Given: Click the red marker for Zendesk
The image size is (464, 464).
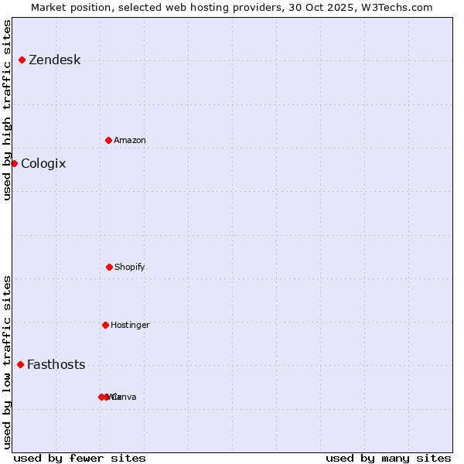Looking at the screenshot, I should (22, 60).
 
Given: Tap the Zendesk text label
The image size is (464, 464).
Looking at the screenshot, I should (54, 60).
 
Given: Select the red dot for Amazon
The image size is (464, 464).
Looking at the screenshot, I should (108, 140).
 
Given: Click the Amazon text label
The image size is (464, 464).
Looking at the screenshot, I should (130, 141).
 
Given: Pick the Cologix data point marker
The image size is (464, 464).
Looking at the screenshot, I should (14, 163).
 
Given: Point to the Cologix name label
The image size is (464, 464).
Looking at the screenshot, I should (43, 164).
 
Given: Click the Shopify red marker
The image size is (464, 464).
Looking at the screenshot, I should (109, 267).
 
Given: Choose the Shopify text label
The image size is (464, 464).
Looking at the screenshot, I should (130, 268).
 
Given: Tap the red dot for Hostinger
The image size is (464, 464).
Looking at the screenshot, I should (105, 325).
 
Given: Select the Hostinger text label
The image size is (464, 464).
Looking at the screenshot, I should (130, 326).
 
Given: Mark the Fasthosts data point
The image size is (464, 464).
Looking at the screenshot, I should (20, 364).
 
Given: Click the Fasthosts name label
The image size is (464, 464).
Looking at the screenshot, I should (56, 365).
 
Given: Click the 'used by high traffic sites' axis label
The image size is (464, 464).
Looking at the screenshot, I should (8, 110).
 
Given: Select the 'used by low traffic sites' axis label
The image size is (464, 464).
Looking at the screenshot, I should (8, 362).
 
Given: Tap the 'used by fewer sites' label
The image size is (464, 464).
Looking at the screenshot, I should (80, 459).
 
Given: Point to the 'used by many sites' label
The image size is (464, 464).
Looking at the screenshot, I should (388, 459).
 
